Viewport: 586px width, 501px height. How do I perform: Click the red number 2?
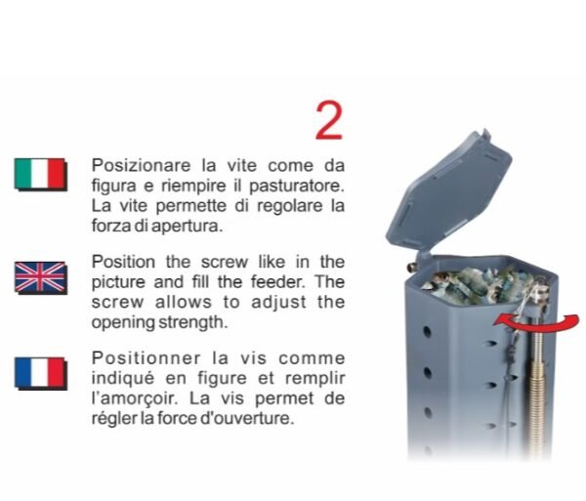(329, 121)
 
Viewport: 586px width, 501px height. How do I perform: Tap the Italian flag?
(41, 174)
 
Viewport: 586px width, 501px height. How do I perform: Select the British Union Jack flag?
(41, 277)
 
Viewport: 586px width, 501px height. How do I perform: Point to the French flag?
(41, 374)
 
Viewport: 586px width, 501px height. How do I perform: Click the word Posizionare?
(141, 165)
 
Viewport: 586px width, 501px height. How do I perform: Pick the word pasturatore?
(296, 187)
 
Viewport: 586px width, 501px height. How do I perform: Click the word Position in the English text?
(123, 262)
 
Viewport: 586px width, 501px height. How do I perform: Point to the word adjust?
(278, 303)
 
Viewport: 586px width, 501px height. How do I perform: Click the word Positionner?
(146, 358)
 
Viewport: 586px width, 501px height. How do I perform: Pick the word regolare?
(289, 207)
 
